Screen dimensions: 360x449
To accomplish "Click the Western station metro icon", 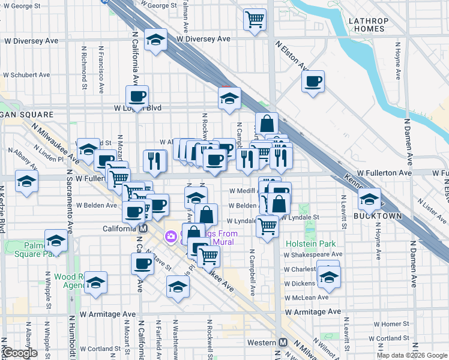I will tap(283, 342).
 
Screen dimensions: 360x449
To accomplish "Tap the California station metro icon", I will tap(143, 229).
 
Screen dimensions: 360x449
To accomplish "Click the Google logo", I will tap(20, 353).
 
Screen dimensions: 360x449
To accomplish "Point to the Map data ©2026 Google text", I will tap(412, 355).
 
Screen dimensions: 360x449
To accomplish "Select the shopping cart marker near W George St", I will tap(255, 19).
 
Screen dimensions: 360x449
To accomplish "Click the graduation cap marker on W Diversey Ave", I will tap(156, 40).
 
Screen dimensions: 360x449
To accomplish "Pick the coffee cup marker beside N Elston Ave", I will tap(313, 81).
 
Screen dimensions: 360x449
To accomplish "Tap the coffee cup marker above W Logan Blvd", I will tap(137, 96).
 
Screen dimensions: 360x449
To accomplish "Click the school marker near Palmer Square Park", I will tap(56, 241).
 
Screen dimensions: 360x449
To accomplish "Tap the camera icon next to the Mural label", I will tap(171, 237).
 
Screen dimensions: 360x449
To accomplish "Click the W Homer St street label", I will tap(394, 324).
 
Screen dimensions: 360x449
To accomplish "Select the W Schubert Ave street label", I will tap(25, 76).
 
